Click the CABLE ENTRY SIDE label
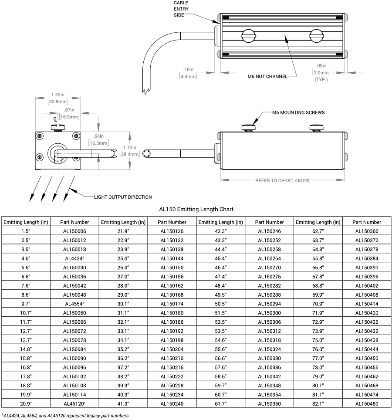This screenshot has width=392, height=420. click(181, 8)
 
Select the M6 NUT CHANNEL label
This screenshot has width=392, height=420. click(265, 76)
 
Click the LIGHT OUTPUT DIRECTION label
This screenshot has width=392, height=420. click(123, 197)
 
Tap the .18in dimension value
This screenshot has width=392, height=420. click(189, 69)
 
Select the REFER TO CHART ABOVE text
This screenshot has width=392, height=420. click(282, 180)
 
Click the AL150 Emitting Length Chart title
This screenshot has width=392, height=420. click(196, 210)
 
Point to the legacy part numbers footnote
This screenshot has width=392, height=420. click(65, 416)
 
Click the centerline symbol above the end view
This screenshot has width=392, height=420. click(55, 119)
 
